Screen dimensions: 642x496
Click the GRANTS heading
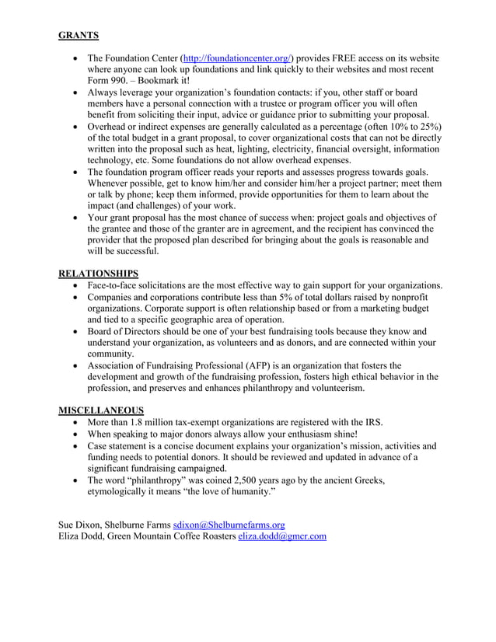(x=79, y=35)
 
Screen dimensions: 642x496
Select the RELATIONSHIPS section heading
(x=99, y=274)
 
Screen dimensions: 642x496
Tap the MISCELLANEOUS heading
(x=101, y=410)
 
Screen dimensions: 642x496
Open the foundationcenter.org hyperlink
(x=236, y=58)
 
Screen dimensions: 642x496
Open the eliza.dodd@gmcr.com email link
(x=282, y=536)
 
